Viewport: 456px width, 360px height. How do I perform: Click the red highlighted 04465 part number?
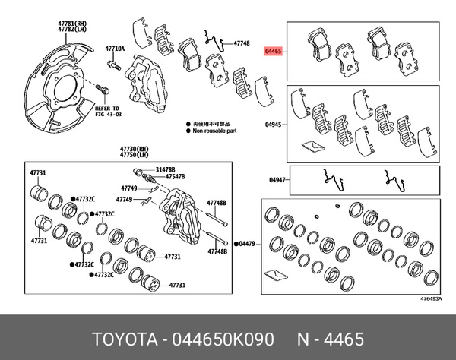click(273, 52)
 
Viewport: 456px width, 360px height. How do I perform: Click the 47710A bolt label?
click(114, 47)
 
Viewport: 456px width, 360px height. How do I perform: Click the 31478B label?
click(166, 169)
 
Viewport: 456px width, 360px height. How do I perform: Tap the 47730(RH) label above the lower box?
click(135, 148)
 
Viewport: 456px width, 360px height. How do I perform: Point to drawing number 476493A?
click(430, 299)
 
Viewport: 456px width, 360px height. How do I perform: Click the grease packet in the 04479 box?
click(277, 273)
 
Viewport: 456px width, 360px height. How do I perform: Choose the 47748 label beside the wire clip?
click(242, 44)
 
